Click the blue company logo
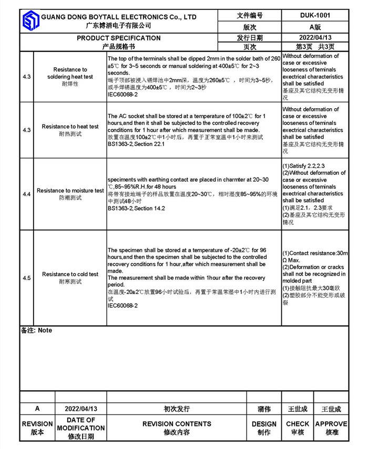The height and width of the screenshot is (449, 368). click(x=30, y=21)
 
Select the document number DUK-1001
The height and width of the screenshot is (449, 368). click(x=315, y=15)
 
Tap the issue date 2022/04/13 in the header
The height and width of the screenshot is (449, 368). click(x=315, y=37)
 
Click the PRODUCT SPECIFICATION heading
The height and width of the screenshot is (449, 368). click(x=119, y=38)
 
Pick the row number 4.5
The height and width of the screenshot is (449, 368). click(x=27, y=278)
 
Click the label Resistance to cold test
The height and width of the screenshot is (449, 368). click(x=70, y=274)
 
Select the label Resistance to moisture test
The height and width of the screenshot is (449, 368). click(x=70, y=191)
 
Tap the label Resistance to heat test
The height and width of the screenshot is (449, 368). click(x=70, y=127)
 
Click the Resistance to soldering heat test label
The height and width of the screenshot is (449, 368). click(x=70, y=73)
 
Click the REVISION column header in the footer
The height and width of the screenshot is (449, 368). click(x=37, y=424)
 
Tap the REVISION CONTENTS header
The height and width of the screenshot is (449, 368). click(x=177, y=424)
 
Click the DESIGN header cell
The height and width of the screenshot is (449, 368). click(x=264, y=424)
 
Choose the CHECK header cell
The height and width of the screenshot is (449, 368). click(x=298, y=424)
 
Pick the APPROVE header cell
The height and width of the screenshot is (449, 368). click(x=331, y=424)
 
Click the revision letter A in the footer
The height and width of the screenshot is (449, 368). click(x=37, y=409)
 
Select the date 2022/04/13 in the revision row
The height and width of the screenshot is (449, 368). click(x=81, y=409)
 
